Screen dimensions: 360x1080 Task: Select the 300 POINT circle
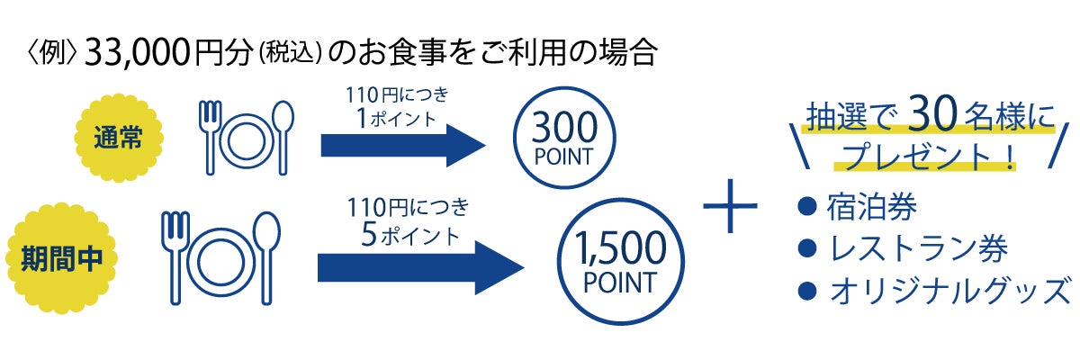(x=563, y=140)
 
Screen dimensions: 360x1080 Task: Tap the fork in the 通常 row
(x=209, y=135)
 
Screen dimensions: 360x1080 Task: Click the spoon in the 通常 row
(x=283, y=135)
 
